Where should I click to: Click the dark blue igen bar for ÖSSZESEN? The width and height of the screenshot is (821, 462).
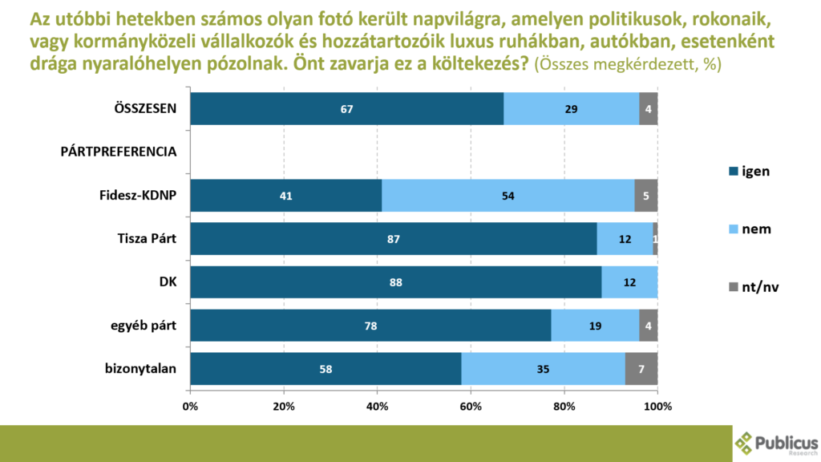click(346, 108)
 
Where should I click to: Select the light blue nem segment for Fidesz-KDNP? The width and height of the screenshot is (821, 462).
click(508, 195)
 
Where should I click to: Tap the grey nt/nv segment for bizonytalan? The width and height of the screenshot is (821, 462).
click(641, 369)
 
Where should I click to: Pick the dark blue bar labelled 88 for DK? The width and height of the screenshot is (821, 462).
click(395, 282)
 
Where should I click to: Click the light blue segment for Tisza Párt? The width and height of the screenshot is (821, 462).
click(625, 239)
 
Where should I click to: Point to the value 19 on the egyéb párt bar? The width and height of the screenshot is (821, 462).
click(594, 326)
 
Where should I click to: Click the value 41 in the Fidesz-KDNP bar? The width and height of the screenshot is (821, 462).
click(285, 195)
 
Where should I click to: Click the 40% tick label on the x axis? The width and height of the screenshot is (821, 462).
click(377, 406)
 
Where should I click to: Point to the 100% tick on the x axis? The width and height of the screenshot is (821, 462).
click(657, 406)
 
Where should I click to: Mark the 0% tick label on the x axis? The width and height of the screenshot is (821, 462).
click(190, 406)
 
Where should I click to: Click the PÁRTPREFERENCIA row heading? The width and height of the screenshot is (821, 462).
click(119, 152)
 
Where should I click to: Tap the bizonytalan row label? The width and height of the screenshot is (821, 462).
click(141, 369)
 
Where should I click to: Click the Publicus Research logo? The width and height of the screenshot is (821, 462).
click(776, 444)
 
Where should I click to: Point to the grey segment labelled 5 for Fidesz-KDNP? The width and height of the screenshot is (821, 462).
click(645, 195)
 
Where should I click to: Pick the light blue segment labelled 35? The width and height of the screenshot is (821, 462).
click(543, 369)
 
